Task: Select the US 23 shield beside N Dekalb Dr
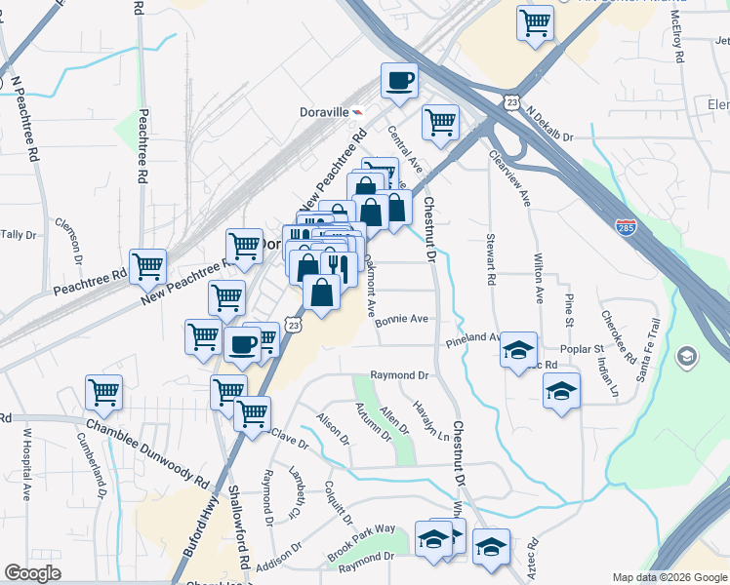tap(511, 102)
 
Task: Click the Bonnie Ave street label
tap(402, 319)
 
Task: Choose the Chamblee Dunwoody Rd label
tap(147, 452)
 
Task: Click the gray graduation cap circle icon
tap(687, 357)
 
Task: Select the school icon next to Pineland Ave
tap(517, 351)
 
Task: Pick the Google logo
tap(32, 573)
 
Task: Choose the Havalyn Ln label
tap(422, 421)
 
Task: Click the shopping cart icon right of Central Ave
tap(440, 122)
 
